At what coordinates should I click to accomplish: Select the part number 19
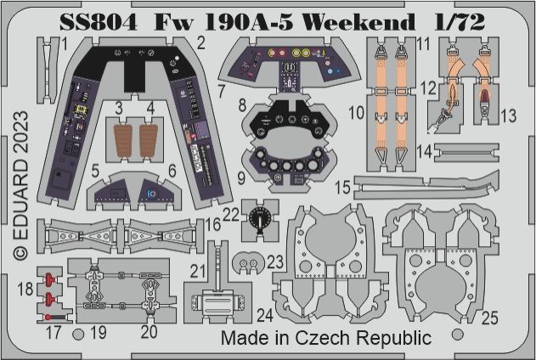(x=99, y=332)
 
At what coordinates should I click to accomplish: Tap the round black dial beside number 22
(x=259, y=220)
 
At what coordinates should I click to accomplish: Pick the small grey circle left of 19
(x=78, y=334)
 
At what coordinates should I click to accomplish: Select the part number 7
(x=221, y=89)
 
